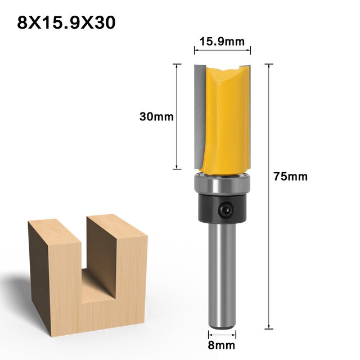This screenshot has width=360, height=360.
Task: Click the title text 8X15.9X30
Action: click(67, 23)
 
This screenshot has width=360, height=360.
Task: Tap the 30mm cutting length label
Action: click(156, 117)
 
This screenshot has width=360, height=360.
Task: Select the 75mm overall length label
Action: click(290, 176)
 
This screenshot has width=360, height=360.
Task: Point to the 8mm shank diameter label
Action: click(221, 345)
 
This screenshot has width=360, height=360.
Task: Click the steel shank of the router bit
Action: click(220, 270)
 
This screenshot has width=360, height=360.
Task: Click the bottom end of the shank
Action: click(220, 325)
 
